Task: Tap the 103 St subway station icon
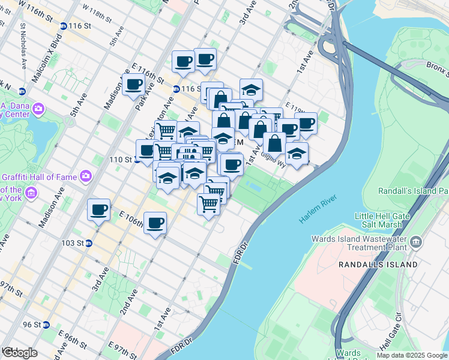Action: coord(88,243)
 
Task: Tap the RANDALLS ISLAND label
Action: coord(378,264)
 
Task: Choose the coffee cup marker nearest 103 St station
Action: coord(99,210)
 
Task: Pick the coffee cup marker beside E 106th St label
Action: coord(155,223)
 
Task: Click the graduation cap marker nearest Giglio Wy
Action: coord(297,154)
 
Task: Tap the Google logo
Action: coord(20,353)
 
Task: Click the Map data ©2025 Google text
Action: coord(411,355)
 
